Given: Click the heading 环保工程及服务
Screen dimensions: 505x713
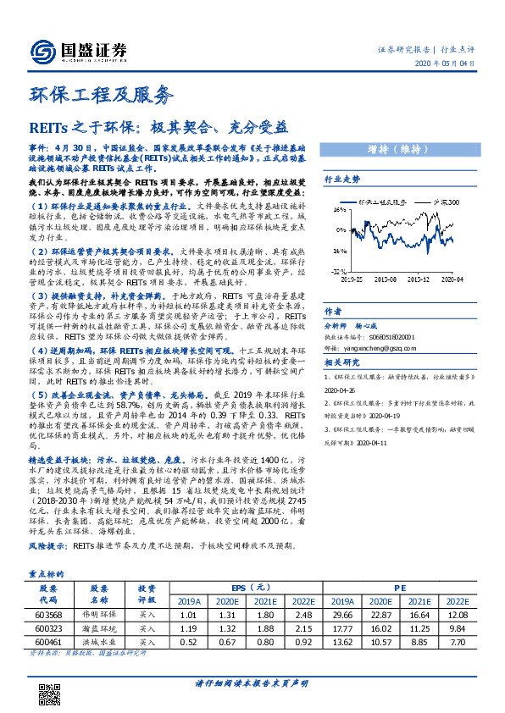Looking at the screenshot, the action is [100, 94].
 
